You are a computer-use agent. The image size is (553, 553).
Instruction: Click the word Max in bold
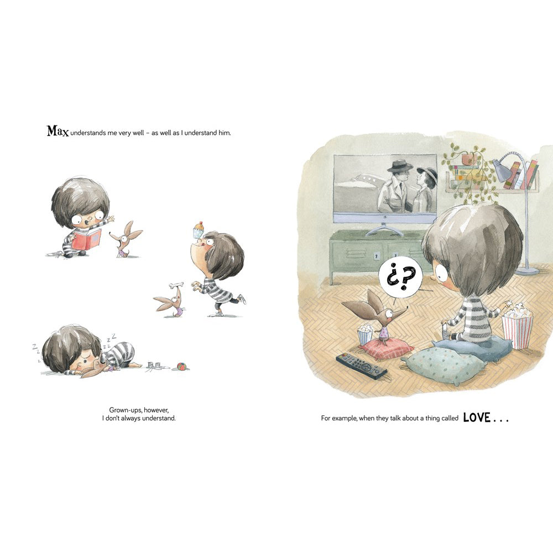pyautogui.click(x=58, y=131)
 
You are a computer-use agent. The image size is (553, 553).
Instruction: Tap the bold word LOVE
pyautogui.click(x=477, y=418)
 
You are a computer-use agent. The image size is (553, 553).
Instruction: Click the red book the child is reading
pyautogui.click(x=87, y=239)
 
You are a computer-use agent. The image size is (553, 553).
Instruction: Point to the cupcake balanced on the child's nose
pyautogui.click(x=199, y=229)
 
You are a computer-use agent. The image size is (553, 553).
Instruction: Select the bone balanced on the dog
pyautogui.click(x=176, y=285)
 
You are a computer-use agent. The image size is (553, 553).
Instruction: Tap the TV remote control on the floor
pyautogui.click(x=361, y=366)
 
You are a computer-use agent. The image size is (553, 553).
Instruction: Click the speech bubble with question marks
pyautogui.click(x=400, y=276)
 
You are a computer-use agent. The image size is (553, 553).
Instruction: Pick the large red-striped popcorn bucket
pyautogui.click(x=518, y=327)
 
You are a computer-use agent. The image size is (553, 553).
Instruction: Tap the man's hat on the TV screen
pyautogui.click(x=400, y=166)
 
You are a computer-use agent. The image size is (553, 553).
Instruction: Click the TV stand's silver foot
pyautogui.click(x=384, y=229)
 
